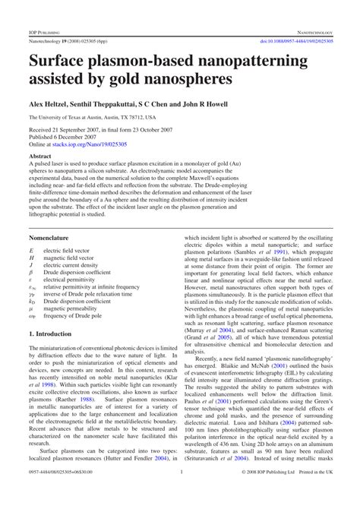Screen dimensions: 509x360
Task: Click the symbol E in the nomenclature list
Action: [x=31, y=250]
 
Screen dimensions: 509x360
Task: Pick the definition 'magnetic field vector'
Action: [x=71, y=258]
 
